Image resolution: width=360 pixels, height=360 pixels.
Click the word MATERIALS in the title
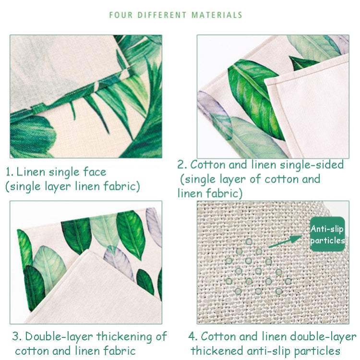216,15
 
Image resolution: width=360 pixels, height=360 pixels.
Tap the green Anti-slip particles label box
327,234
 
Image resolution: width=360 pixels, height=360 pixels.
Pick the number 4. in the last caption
193,336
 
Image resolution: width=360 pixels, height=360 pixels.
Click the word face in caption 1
94,172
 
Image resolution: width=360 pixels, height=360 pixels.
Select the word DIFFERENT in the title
162,15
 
